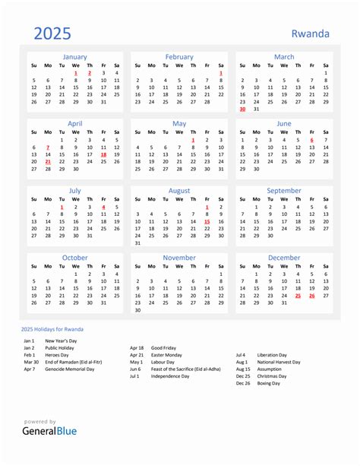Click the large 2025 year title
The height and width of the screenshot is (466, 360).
[x=52, y=33]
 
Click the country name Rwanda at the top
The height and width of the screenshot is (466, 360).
[x=311, y=33]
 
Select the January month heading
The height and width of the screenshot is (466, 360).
[x=74, y=57]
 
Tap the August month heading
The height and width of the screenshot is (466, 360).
[x=179, y=190]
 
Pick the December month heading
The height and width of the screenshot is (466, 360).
[x=284, y=258]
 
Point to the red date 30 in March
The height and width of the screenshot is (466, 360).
[x=242, y=109]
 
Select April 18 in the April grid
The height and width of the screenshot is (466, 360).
[x=103, y=154]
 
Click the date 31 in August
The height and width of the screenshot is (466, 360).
[x=137, y=243]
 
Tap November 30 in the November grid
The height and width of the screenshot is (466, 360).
[x=137, y=310]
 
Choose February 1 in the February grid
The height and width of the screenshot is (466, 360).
[x=221, y=73]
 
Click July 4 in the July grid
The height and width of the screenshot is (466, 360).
[x=103, y=207]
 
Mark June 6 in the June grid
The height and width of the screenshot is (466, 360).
[x=311, y=140]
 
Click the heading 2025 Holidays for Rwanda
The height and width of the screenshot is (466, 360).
[x=52, y=328]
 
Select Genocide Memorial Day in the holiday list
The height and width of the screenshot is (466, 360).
[x=70, y=369]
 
